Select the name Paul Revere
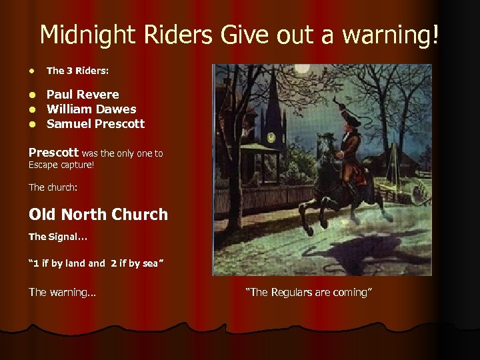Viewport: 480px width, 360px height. [x=83, y=95]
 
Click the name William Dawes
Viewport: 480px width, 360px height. [x=91, y=109]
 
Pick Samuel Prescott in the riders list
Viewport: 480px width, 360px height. [x=95, y=124]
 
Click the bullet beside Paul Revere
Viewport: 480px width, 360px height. [x=33, y=95]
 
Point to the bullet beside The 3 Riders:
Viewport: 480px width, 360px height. [x=32, y=70]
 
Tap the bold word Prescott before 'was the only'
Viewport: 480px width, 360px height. [x=53, y=153]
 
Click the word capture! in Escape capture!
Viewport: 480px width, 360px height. [x=76, y=165]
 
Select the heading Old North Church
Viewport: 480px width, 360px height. [x=98, y=215]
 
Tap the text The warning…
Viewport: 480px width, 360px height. [x=62, y=292]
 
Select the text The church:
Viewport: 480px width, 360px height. [x=53, y=188]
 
